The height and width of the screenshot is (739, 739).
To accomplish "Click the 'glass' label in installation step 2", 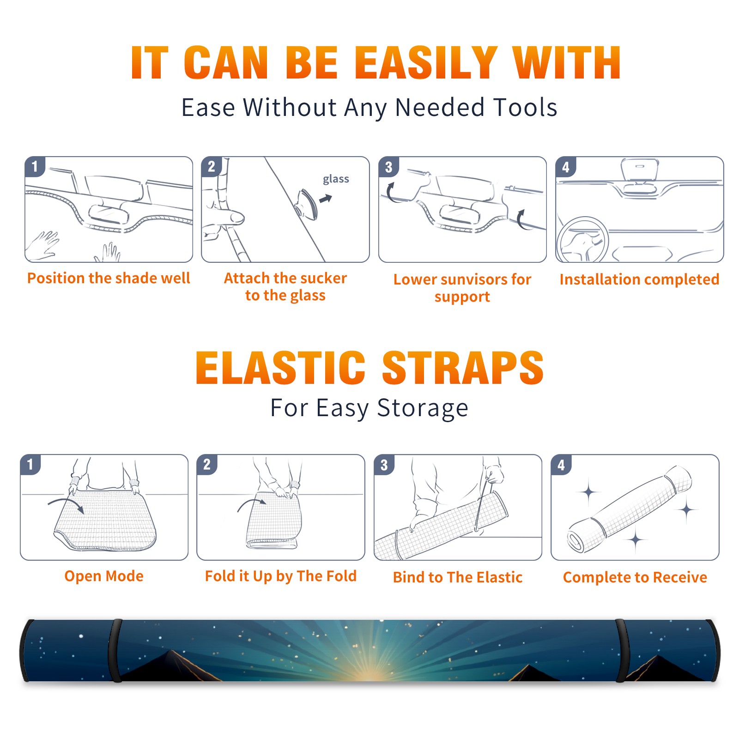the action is click(336, 179).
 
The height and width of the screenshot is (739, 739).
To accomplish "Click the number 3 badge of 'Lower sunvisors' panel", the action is click(389, 167).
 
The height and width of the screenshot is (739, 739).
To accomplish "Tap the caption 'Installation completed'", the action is click(639, 279).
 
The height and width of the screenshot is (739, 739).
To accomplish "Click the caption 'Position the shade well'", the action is click(109, 278).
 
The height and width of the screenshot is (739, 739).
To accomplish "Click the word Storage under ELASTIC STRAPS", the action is click(423, 408).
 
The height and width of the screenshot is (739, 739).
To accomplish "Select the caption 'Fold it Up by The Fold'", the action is click(281, 576).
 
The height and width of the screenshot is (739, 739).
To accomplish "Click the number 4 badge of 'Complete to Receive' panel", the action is click(561, 465).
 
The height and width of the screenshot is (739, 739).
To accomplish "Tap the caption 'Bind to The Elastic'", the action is click(458, 577).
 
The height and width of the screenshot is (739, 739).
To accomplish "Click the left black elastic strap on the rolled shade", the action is click(115, 651).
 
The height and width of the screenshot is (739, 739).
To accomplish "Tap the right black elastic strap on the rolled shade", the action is click(621, 651).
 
